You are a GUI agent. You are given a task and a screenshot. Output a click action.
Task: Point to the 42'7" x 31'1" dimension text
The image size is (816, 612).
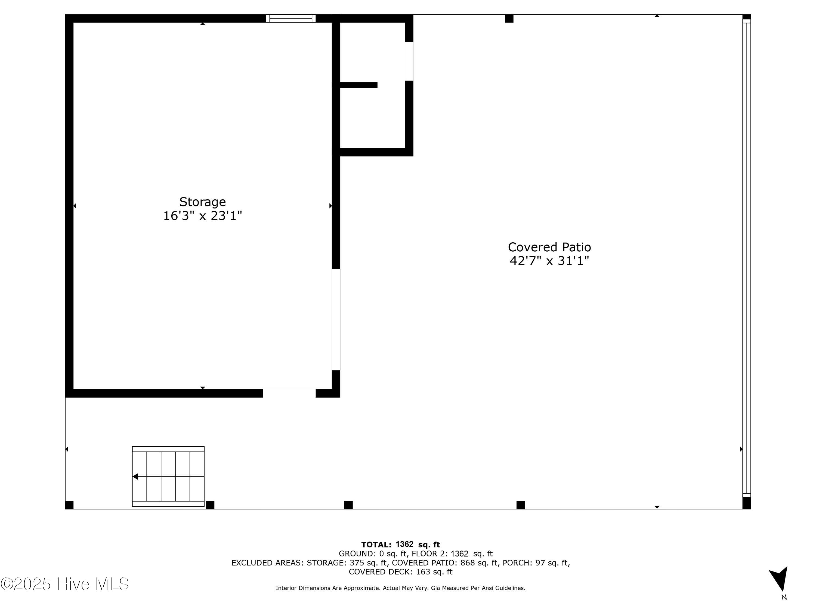(x=549, y=261)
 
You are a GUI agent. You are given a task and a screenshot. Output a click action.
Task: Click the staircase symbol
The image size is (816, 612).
(x=168, y=476)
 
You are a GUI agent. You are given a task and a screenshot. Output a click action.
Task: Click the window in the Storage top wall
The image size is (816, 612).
(x=291, y=18)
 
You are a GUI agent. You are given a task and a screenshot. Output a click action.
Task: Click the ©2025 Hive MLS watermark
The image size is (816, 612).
(x=65, y=584)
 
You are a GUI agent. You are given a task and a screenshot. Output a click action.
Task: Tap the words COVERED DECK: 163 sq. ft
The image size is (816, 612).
(x=400, y=572)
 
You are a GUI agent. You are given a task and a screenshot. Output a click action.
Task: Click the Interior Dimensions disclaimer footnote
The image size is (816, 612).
(x=400, y=588)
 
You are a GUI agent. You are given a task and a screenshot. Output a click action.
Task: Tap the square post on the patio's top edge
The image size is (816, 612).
(x=509, y=18)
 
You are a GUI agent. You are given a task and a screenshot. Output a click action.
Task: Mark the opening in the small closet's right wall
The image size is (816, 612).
(x=409, y=61)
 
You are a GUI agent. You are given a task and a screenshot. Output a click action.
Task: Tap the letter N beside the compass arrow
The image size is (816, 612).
(x=784, y=598)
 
